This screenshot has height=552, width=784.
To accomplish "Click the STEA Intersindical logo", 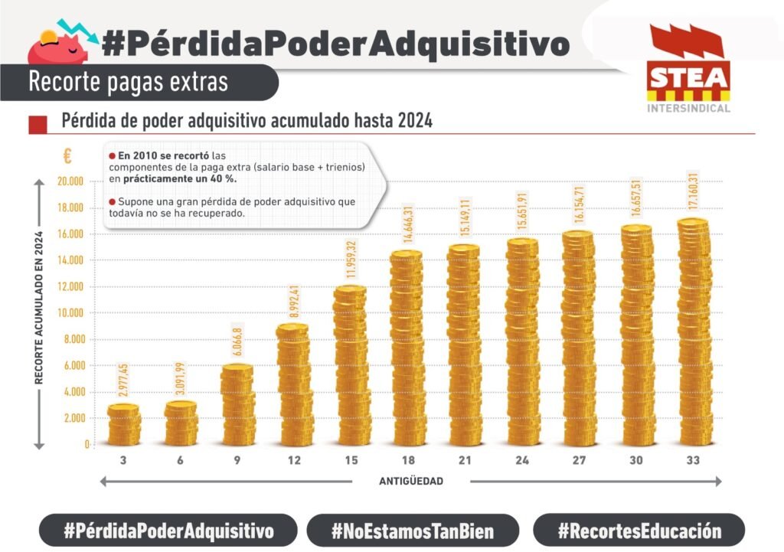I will pyautogui.click(x=688, y=70).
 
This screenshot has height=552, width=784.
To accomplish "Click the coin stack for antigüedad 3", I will pyautogui.click(x=124, y=425).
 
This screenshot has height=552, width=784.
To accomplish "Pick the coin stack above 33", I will pyautogui.click(x=694, y=333).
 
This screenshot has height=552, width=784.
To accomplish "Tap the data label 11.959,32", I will pyautogui.click(x=351, y=260).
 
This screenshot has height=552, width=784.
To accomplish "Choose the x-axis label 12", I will pyautogui.click(x=295, y=461).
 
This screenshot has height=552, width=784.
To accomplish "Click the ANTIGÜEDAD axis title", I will pyautogui.click(x=411, y=482).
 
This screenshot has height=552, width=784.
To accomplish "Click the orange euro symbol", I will pyautogui.click(x=67, y=156).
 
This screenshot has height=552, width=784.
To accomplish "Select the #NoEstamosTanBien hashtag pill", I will pyautogui.click(x=413, y=530).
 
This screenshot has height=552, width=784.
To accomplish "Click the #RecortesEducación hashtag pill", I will pyautogui.click(x=639, y=530).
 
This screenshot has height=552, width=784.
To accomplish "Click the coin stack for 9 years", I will pyautogui.click(x=237, y=406).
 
